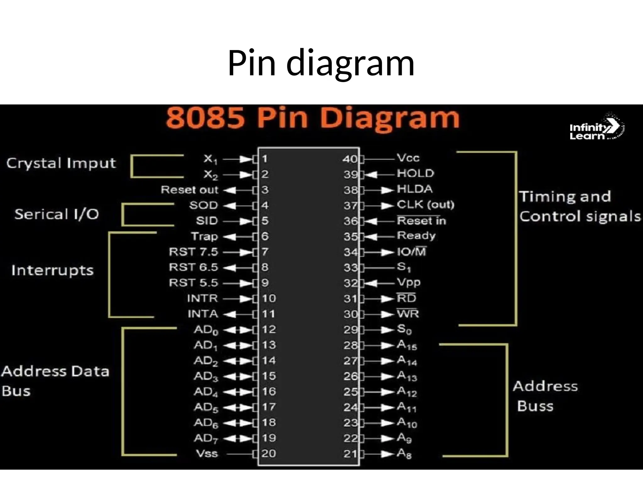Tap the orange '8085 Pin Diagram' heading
click(312, 118)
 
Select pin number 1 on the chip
click(265, 159)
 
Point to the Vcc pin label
click(408, 158)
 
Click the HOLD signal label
click(415, 173)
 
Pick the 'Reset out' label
click(189, 190)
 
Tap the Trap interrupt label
click(204, 236)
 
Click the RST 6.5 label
click(193, 267)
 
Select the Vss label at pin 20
click(207, 453)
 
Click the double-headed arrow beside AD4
click(239, 392)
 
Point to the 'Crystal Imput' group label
click(61, 164)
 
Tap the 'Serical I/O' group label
click(57, 214)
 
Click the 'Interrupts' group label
click(52, 270)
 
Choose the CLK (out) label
click(425, 205)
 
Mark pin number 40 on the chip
click(349, 159)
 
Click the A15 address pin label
click(407, 345)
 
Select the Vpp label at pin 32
click(408, 282)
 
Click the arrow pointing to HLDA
click(386, 190)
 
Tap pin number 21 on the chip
click(350, 454)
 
